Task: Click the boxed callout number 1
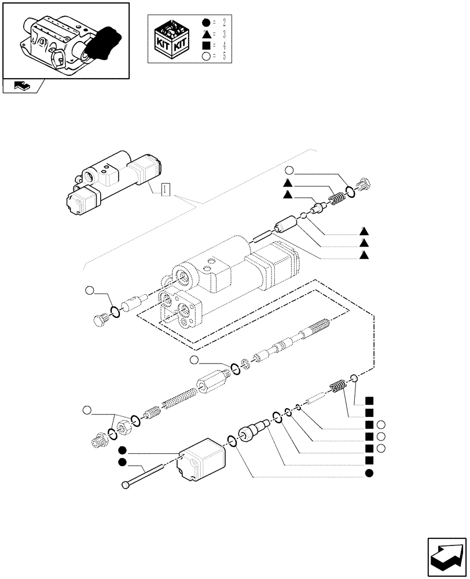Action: point(165,189)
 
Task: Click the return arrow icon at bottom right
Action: point(446,555)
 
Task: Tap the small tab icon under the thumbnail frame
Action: point(22,86)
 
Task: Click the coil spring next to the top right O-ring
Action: point(336,200)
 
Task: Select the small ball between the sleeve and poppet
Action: point(303,217)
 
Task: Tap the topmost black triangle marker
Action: point(288,183)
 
